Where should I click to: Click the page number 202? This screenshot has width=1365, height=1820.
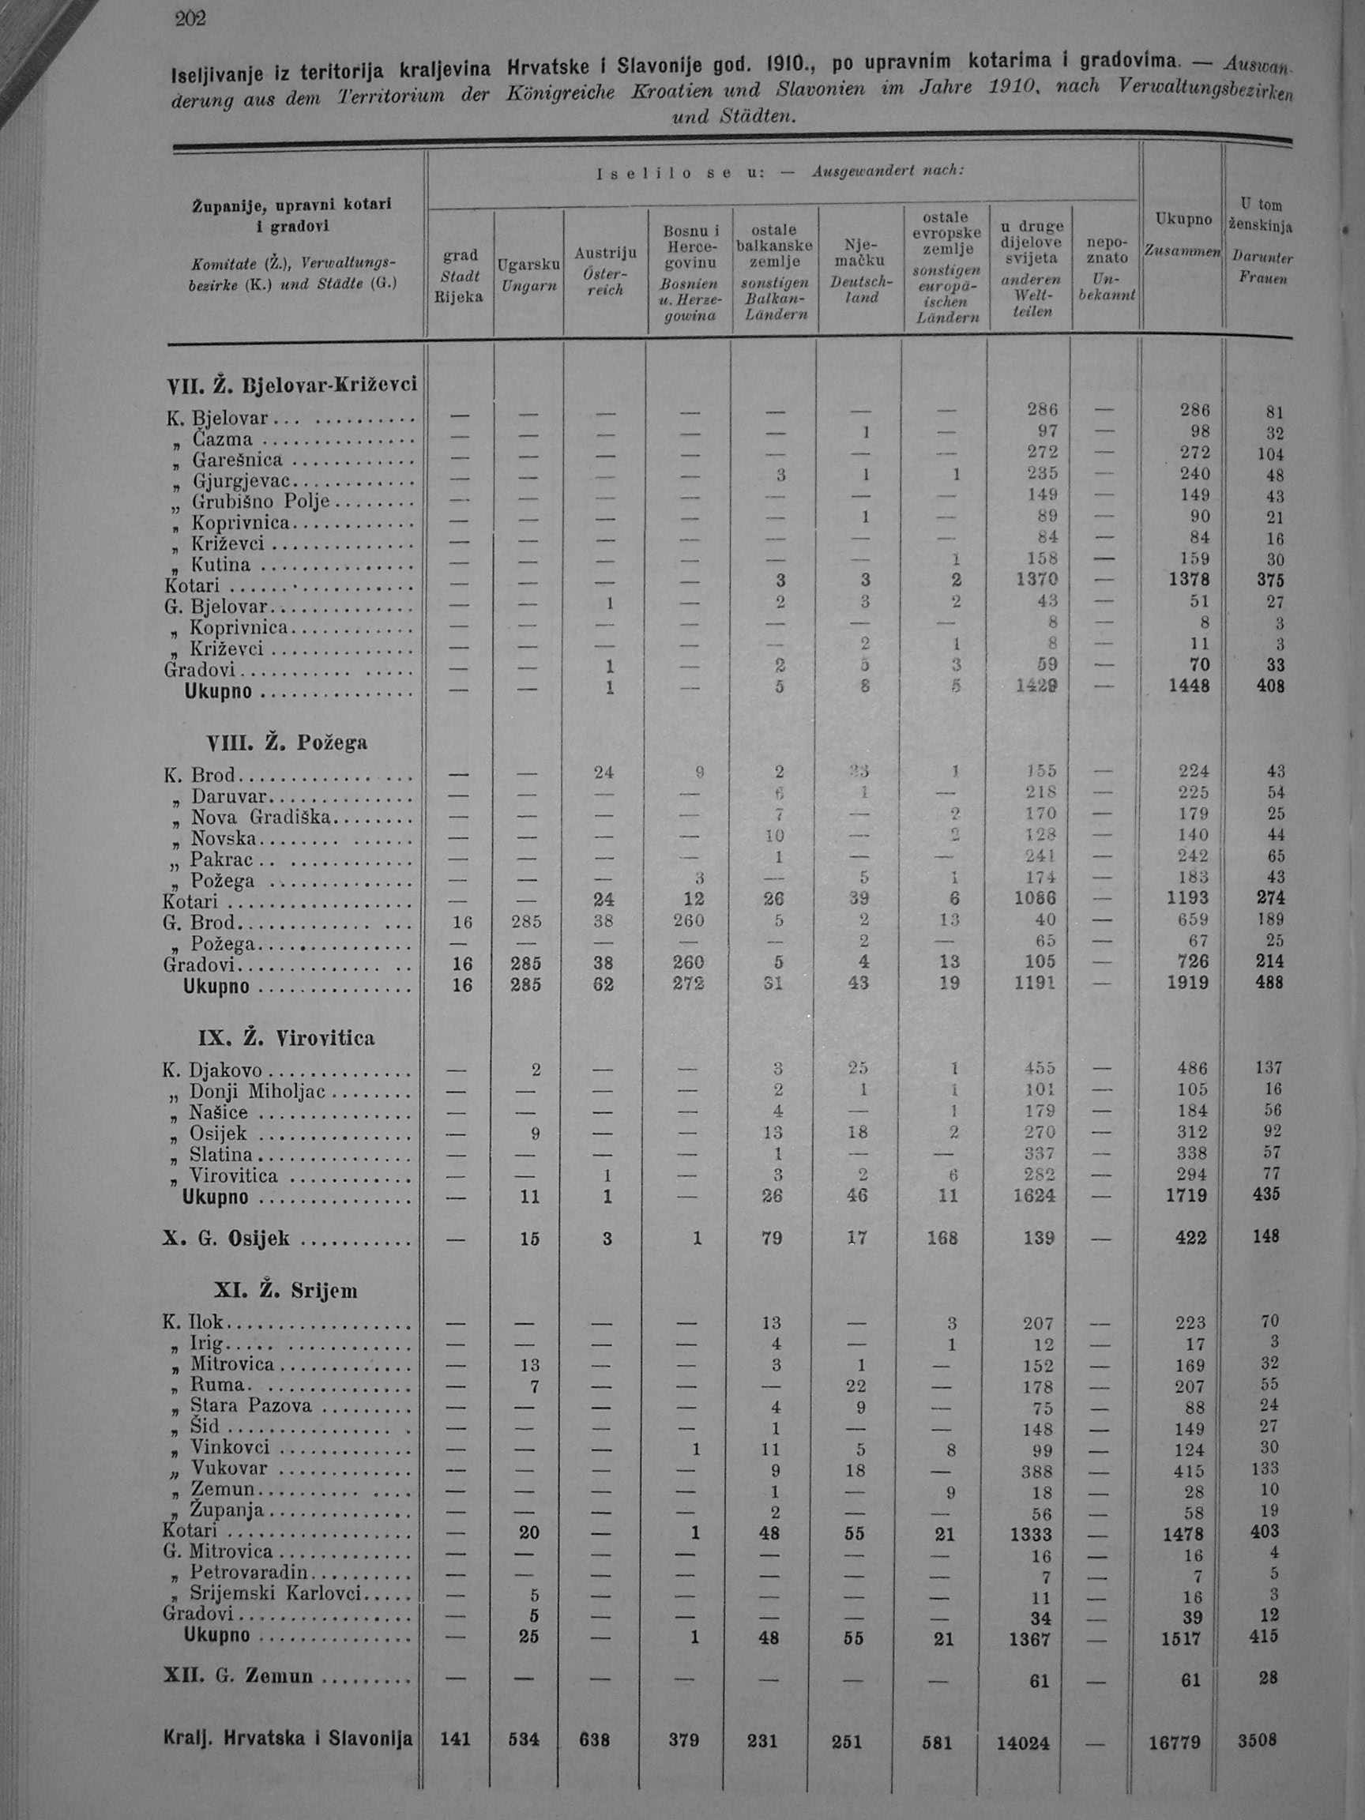click(190, 18)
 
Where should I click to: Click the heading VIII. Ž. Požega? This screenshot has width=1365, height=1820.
click(288, 743)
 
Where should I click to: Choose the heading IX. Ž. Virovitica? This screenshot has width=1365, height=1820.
click(286, 1037)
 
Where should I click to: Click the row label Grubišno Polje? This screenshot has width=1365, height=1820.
click(260, 502)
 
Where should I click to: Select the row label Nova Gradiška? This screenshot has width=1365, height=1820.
click(261, 817)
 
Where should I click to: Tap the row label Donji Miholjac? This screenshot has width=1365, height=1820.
click(258, 1092)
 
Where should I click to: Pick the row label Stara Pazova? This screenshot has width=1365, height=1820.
click(251, 1405)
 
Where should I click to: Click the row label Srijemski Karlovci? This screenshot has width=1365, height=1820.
click(276, 1592)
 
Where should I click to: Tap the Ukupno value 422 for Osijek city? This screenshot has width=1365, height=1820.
click(1190, 1238)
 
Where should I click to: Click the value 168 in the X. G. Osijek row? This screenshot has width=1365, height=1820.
click(942, 1238)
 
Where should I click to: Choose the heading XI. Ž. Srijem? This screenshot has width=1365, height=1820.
click(285, 1290)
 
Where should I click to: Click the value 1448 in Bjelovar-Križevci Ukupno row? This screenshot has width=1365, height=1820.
click(1189, 686)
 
